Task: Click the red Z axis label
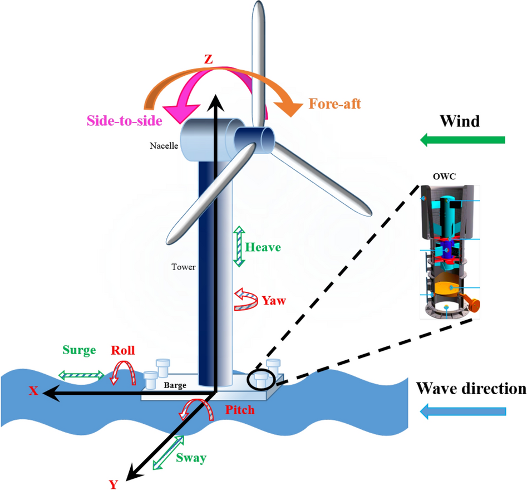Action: [208, 60]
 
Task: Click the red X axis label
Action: [33, 391]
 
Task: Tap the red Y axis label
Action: [114, 484]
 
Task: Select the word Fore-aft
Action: [334, 103]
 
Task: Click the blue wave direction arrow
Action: [463, 411]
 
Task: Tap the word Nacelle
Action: [164, 146]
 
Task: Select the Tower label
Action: [184, 267]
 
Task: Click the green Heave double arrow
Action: [239, 246]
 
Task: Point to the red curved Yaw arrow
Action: [244, 300]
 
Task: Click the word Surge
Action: [79, 350]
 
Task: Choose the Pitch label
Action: [240, 410]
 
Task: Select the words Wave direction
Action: [471, 388]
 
